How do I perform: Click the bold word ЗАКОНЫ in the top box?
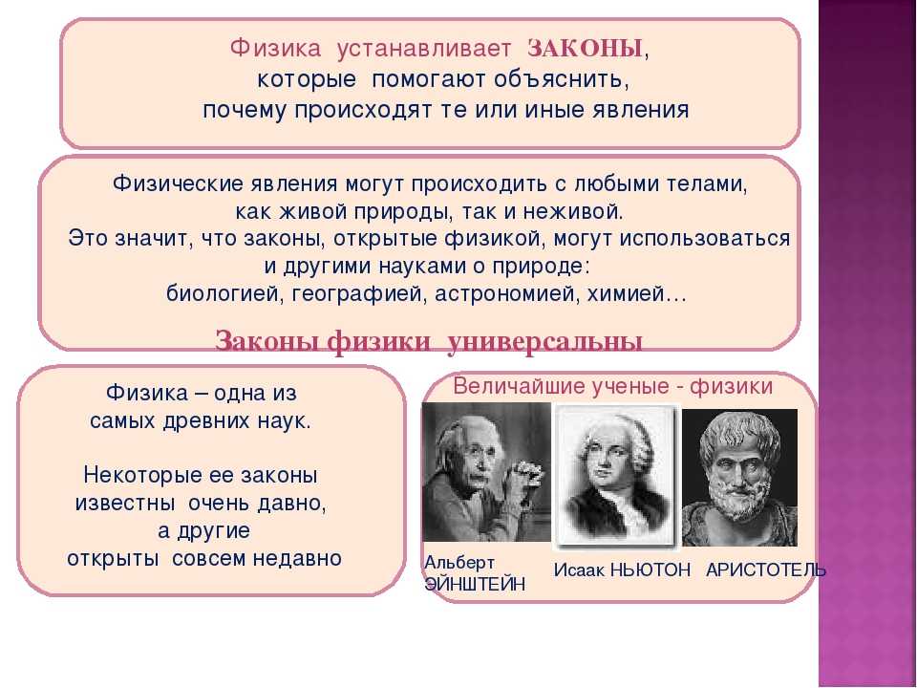[585, 49]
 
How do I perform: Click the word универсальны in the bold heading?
[545, 342]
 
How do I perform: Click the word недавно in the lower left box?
[297, 558]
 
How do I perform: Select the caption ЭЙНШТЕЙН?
[475, 584]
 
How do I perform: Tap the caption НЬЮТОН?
[650, 570]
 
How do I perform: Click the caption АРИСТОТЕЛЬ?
[766, 570]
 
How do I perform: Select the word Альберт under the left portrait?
[459, 563]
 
